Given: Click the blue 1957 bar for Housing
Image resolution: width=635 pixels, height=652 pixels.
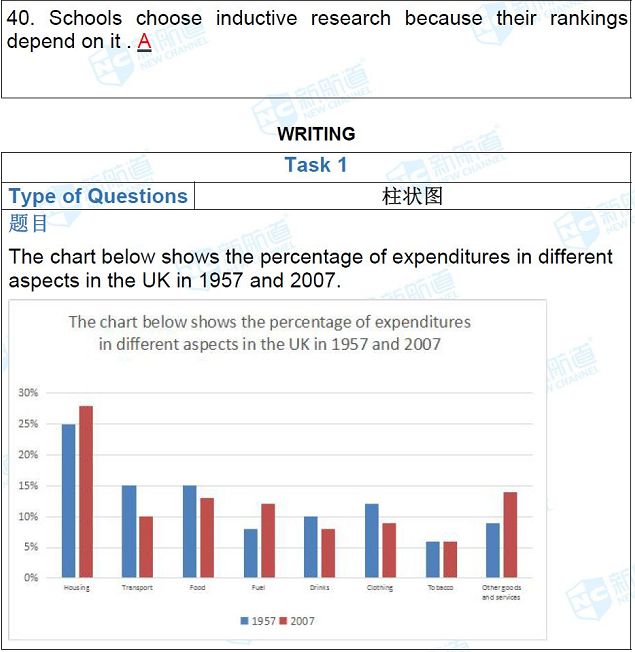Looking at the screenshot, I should [x=68, y=500].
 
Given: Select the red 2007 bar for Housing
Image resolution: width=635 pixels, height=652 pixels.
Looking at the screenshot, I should [x=85, y=492].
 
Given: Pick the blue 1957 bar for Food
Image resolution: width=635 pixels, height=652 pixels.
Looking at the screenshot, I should [x=189, y=531].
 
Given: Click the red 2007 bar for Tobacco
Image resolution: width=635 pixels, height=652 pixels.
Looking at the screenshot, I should [x=449, y=559].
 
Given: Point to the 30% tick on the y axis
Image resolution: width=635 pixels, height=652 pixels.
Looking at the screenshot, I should [x=29, y=393].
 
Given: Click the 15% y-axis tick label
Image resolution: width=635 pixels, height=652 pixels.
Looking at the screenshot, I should [x=29, y=486].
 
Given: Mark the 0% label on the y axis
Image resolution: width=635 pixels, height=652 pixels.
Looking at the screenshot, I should [x=31, y=578].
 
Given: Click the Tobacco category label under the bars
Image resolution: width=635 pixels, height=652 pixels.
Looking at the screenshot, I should [x=440, y=588].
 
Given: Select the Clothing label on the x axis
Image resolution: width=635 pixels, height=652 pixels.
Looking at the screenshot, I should [x=380, y=588].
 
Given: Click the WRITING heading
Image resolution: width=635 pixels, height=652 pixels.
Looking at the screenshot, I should [x=316, y=134].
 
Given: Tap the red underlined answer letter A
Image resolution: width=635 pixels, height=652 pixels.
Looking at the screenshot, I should [x=144, y=42].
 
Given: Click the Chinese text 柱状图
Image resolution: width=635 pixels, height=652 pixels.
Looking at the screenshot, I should [x=412, y=196].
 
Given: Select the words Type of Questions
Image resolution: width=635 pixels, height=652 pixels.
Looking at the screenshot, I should [x=98, y=196].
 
